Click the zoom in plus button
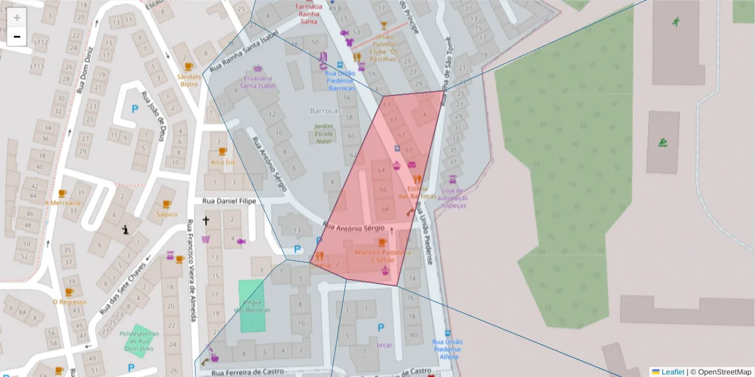tap(17, 18)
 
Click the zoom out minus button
tap(17, 36)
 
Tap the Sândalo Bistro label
tap(189, 80)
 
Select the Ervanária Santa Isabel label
tap(258, 82)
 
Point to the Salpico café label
tap(167, 214)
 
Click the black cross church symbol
tap(206, 221)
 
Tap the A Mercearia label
tap(62, 202)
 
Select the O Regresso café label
tap(69, 302)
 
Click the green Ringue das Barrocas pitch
tap(252, 306)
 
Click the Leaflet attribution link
tap(673, 372)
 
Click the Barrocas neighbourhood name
tap(325, 111)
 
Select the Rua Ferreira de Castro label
tap(248, 373)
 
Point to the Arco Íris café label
tap(223, 162)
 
